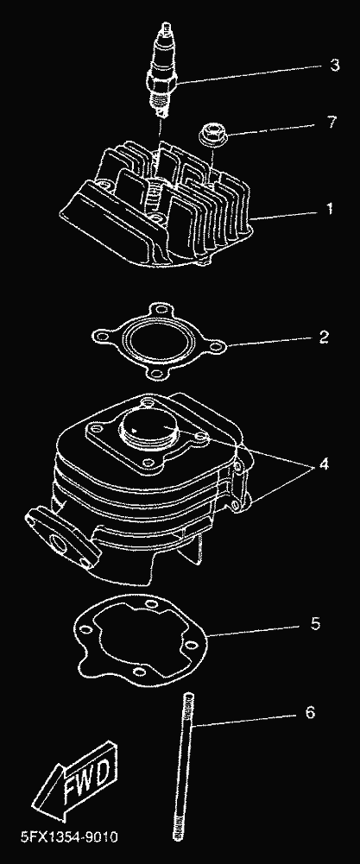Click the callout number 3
[x=335, y=66]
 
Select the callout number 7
[x=332, y=122]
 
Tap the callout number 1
[x=330, y=210]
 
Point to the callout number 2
[x=324, y=337]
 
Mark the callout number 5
[x=315, y=624]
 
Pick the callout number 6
[x=310, y=712]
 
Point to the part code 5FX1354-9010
[x=69, y=837]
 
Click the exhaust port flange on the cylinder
[x=62, y=533]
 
